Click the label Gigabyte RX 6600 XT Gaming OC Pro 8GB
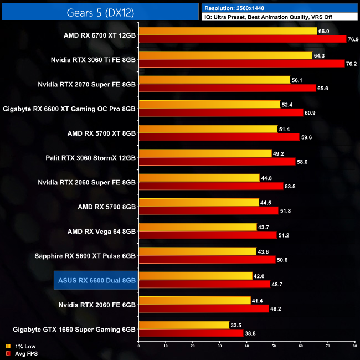[69, 109]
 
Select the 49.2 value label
[279, 153]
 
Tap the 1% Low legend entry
[20, 346]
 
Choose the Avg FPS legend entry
[21, 353]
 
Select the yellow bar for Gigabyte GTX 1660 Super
[184, 325]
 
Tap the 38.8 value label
[251, 334]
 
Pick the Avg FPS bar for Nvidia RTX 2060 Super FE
[211, 186]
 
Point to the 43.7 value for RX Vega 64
[264, 227]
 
